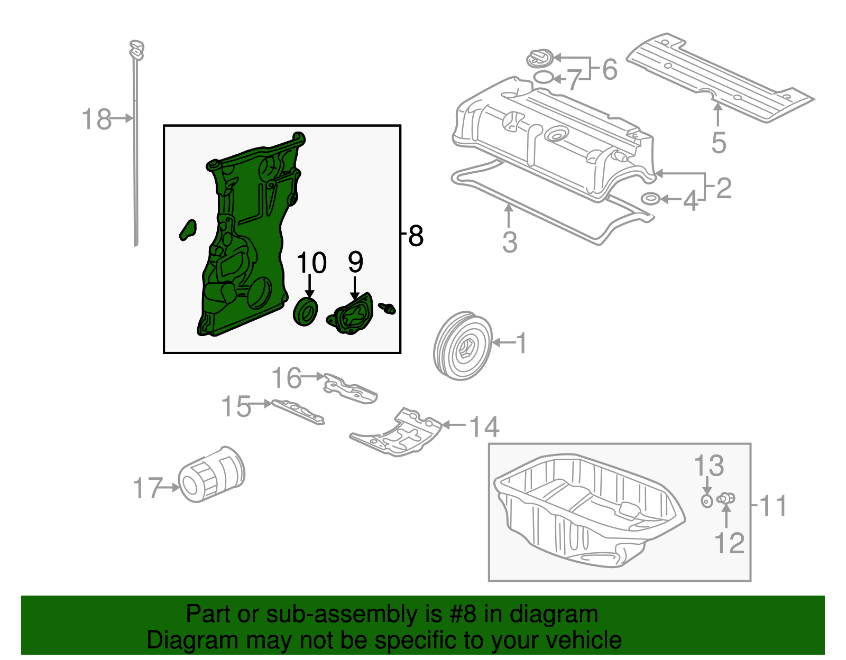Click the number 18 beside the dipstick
tap(96, 119)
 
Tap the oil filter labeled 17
tap(211, 475)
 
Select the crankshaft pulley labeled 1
tap(462, 346)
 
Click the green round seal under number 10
tap(306, 312)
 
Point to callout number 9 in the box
tap(355, 262)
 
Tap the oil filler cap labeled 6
tap(540, 58)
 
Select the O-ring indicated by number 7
tap(543, 78)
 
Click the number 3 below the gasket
tap(509, 242)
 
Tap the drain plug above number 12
tap(726, 498)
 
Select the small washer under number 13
tap(707, 500)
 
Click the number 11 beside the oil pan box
tap(773, 506)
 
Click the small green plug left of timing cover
tap(187, 230)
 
